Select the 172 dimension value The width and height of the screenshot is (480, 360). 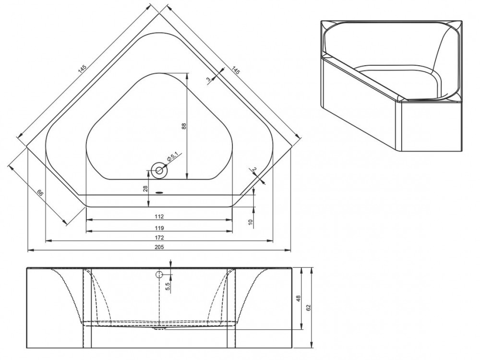[x=159, y=237]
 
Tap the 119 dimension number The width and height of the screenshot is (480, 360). [x=159, y=228]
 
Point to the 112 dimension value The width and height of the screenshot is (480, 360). [x=159, y=216]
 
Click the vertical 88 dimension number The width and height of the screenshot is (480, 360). [x=183, y=126]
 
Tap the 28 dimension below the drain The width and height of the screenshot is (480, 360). [x=145, y=189]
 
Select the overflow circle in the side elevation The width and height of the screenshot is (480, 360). [x=159, y=275]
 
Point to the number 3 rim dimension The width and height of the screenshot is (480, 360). [x=208, y=80]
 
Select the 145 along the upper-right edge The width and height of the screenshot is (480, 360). [x=235, y=71]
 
